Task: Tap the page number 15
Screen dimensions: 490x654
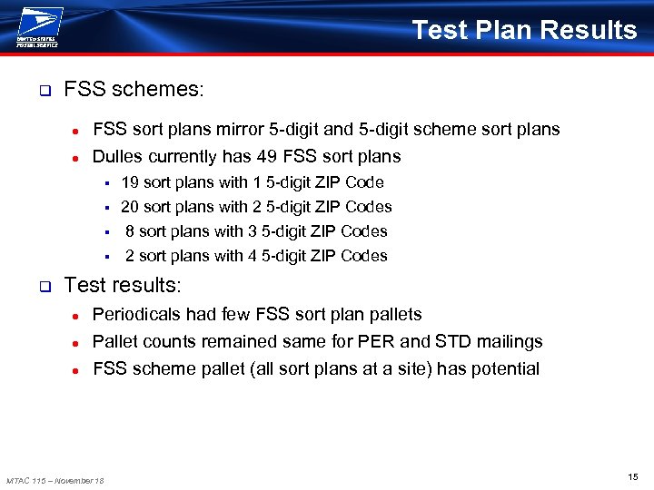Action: [x=632, y=476]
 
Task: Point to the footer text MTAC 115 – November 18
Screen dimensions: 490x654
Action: [x=54, y=480]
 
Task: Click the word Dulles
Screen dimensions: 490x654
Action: [x=119, y=157]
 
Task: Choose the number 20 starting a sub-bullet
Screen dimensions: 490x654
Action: [x=130, y=207]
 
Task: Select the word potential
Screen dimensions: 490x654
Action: [x=502, y=369]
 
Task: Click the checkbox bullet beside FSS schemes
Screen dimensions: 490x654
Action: [x=44, y=91]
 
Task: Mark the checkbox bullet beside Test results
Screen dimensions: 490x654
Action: [x=44, y=287]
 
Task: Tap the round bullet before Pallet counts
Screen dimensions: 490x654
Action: [x=78, y=343]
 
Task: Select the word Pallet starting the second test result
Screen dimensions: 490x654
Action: [x=115, y=342]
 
